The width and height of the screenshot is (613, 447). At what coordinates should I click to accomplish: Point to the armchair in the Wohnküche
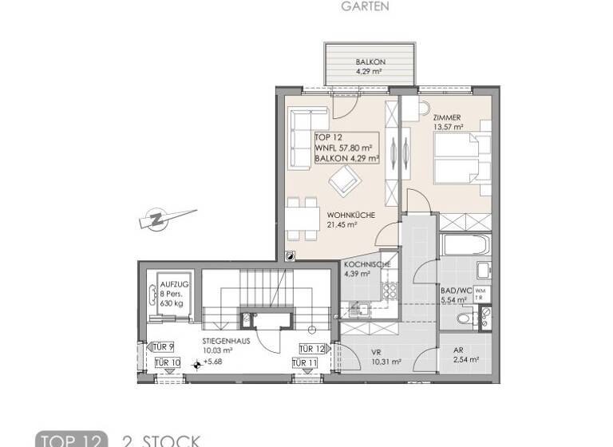tap(344, 184)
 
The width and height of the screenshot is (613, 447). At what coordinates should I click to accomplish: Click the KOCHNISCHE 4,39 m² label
tap(366, 268)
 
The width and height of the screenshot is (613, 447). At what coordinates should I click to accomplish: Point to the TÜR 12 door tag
tap(312, 349)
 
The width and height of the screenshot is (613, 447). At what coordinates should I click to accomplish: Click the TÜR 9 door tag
tap(162, 348)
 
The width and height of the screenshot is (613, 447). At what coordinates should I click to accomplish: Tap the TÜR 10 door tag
tap(166, 364)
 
